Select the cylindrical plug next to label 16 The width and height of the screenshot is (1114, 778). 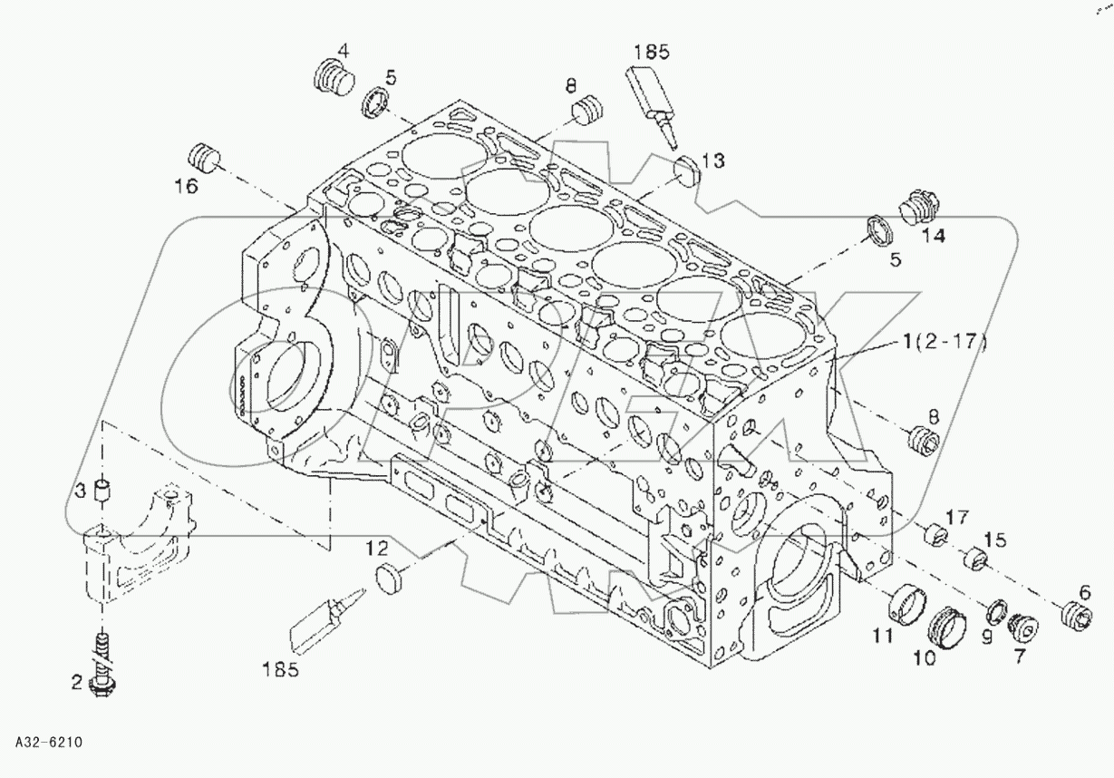tap(204, 157)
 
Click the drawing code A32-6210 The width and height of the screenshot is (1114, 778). tap(49, 743)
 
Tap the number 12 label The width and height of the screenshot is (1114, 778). tap(377, 548)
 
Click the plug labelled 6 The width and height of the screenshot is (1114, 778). tap(1076, 619)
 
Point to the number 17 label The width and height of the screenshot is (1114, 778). tap(957, 517)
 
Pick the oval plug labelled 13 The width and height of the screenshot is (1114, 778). tap(687, 168)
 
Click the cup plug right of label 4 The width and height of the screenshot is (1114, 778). tap(378, 102)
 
